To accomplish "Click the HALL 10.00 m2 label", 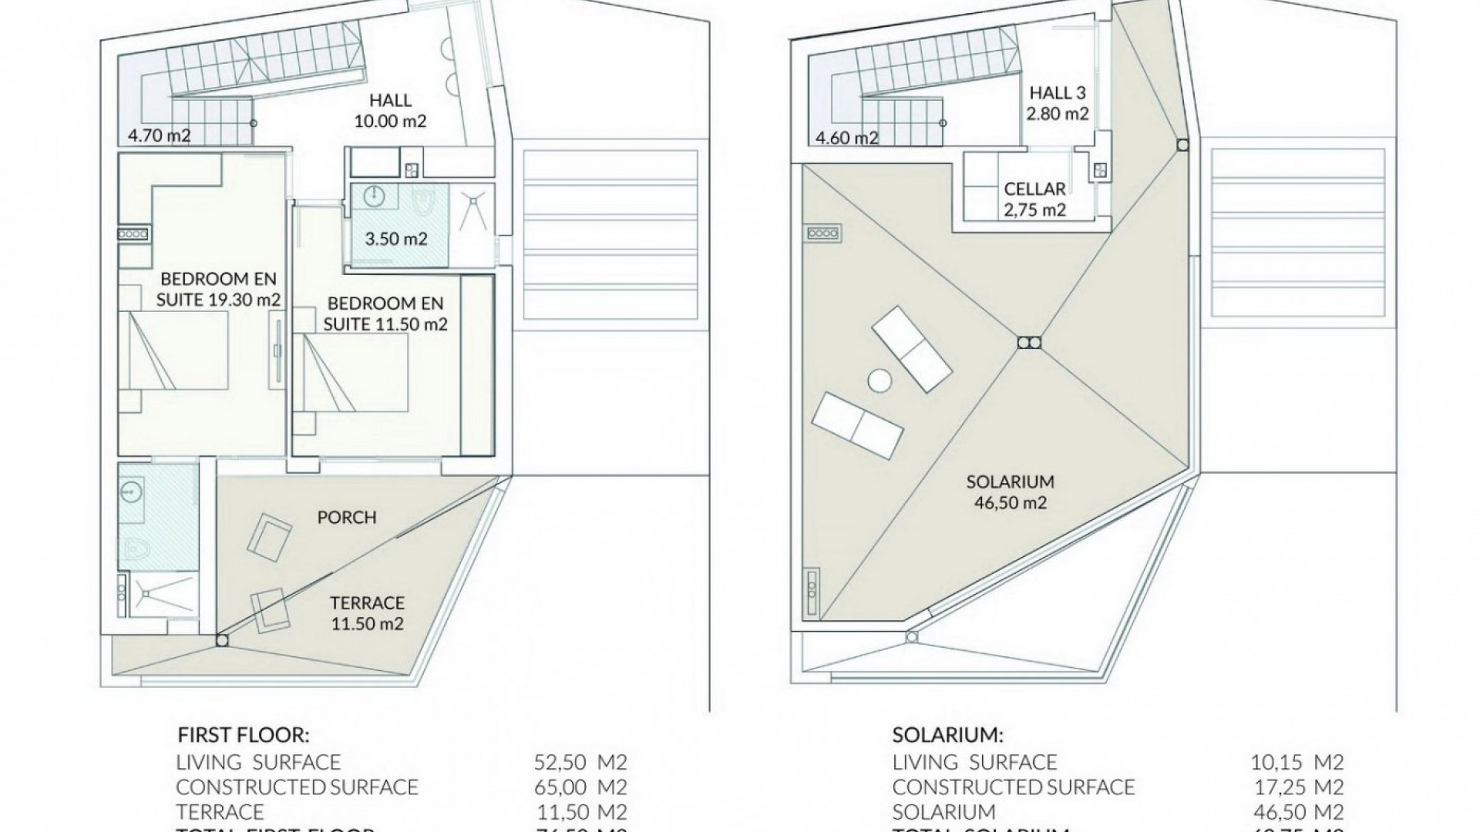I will pyautogui.click(x=390, y=110).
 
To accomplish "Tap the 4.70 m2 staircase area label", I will pyautogui.click(x=160, y=137).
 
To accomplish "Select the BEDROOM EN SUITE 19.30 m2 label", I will pyautogui.click(x=218, y=289).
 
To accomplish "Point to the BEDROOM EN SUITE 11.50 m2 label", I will pyautogui.click(x=385, y=314).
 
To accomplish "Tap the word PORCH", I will pyautogui.click(x=347, y=518).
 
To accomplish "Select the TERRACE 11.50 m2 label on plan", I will pyautogui.click(x=367, y=613).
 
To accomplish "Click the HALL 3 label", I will pyautogui.click(x=1058, y=93).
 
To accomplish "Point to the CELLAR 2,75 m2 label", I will pyautogui.click(x=1034, y=199).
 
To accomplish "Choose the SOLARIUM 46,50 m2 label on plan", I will pyautogui.click(x=1010, y=492).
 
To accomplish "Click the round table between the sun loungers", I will pyautogui.click(x=879, y=380).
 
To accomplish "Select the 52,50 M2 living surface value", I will pyautogui.click(x=580, y=763).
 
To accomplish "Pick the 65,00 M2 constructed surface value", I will pyautogui.click(x=580, y=787).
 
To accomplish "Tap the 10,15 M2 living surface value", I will pyautogui.click(x=1297, y=763).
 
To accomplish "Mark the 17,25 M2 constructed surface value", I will pyautogui.click(x=1297, y=787).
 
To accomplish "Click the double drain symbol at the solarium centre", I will pyautogui.click(x=1028, y=343).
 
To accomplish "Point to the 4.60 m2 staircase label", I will pyautogui.click(x=847, y=139).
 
